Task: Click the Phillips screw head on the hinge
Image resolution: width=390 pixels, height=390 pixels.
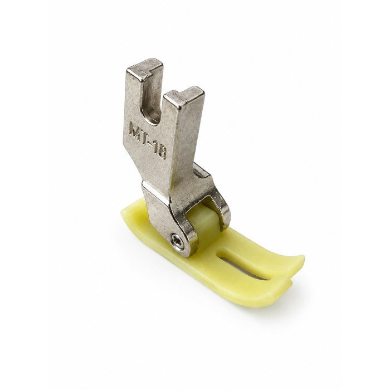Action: pyautogui.click(x=178, y=241)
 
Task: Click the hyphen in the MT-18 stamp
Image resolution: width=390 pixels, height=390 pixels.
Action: pyautogui.click(x=151, y=143)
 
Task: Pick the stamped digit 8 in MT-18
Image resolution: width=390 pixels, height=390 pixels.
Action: pyautogui.click(x=162, y=152)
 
